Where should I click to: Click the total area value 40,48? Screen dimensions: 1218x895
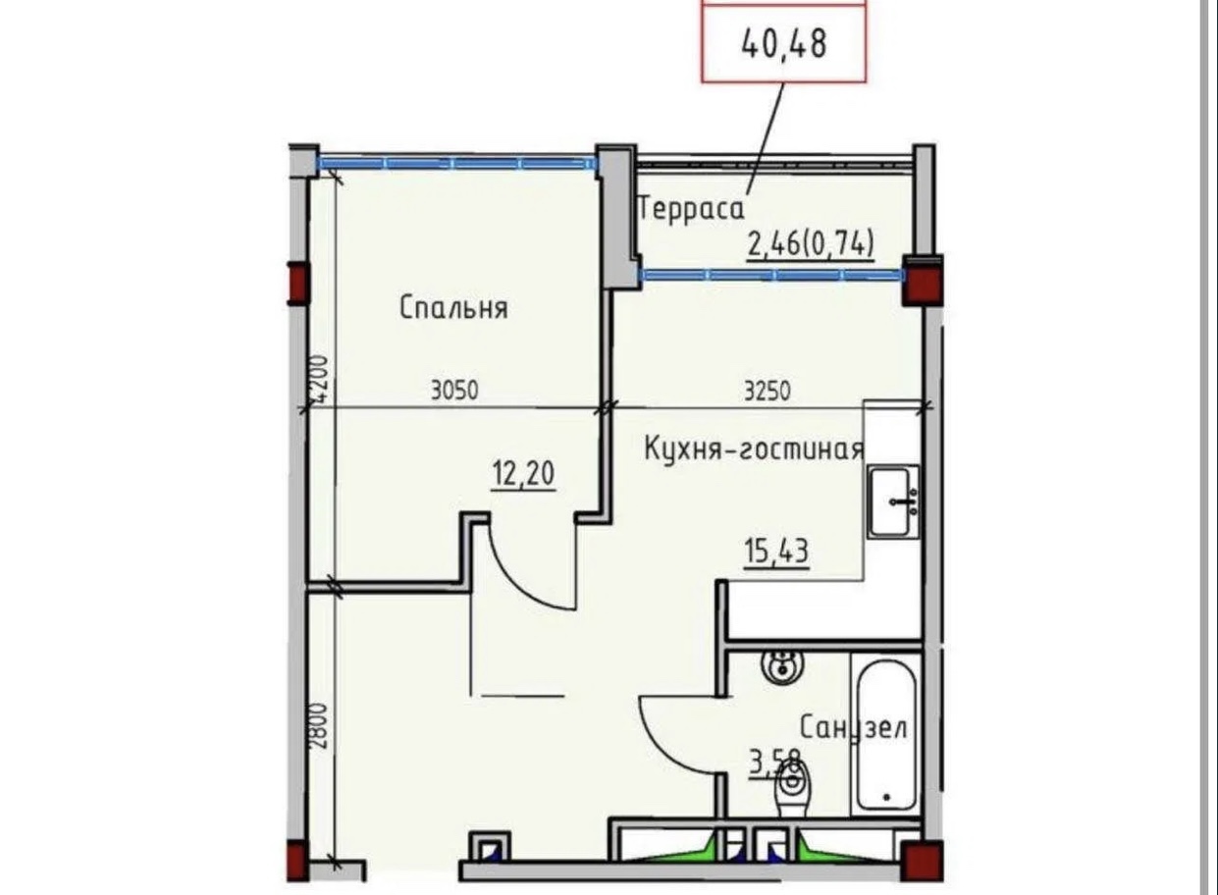pos(784,44)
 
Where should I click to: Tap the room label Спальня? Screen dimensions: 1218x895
pos(454,308)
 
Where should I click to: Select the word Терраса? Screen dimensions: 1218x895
pos(692,209)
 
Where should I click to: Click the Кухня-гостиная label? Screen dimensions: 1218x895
pos(754,449)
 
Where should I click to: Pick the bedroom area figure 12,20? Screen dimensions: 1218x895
pos(524,474)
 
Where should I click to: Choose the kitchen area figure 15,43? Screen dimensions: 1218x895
pos(776,552)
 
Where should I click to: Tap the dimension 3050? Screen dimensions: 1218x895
pos(454,391)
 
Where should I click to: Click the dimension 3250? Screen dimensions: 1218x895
pos(768,391)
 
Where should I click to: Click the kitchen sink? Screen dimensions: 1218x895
pos(893,501)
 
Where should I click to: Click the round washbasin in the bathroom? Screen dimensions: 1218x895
pos(782,667)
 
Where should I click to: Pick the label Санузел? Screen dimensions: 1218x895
pos(854,727)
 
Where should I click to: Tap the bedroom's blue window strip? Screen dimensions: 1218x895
pos(456,163)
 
